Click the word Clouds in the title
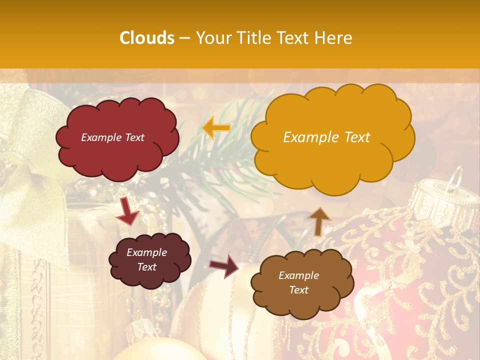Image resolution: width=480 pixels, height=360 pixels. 147,38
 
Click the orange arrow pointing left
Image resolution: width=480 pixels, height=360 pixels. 216,128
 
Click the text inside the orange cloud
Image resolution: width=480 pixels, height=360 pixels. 326,137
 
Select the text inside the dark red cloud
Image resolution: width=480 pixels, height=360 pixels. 112,137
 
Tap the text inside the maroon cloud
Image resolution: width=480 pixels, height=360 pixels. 146,259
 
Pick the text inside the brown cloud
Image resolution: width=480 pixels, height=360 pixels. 298,282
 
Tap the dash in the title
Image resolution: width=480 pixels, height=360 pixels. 185,38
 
